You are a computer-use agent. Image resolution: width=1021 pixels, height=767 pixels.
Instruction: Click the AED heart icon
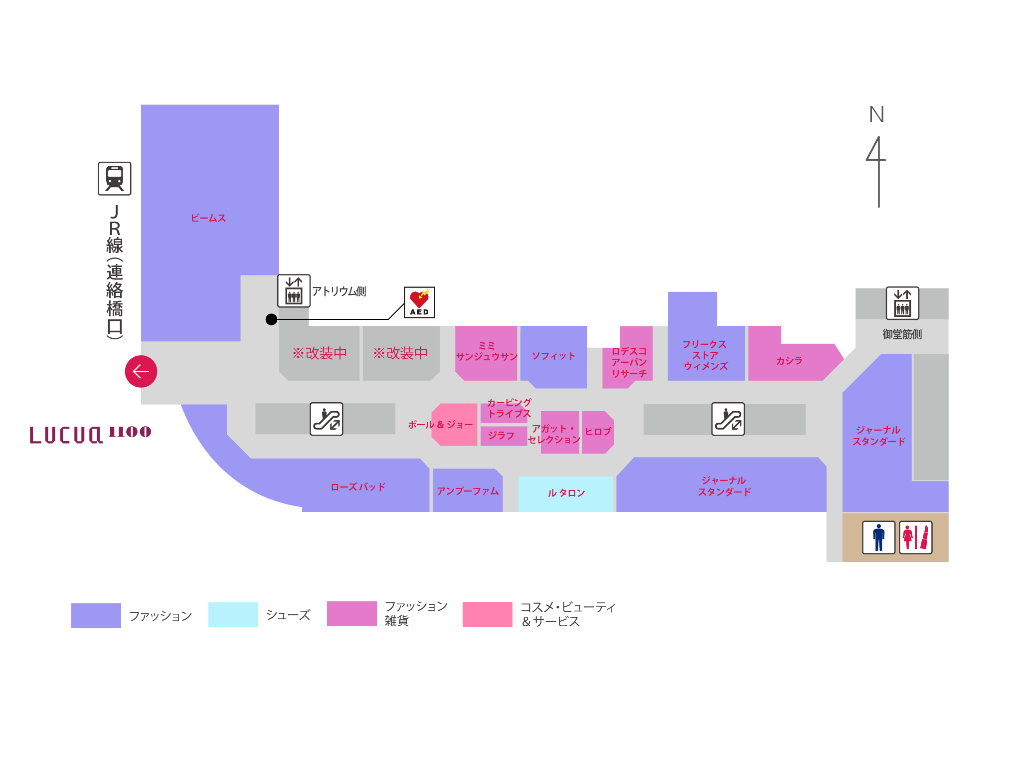point(419,302)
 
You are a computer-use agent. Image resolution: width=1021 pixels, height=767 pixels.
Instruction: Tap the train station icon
point(115,178)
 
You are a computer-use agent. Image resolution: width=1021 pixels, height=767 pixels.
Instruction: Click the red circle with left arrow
point(141,371)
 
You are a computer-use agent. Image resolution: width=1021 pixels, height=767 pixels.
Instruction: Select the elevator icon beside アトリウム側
point(294,291)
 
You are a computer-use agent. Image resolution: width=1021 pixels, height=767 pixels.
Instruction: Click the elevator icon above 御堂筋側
point(902,303)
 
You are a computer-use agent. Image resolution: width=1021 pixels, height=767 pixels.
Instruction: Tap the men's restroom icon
point(878,537)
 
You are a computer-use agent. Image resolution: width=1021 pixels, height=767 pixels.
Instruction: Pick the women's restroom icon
point(915,537)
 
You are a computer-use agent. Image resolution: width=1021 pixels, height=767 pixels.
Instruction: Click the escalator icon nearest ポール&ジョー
point(327,419)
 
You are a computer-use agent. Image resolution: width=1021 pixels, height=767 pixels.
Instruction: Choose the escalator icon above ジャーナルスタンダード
point(728,419)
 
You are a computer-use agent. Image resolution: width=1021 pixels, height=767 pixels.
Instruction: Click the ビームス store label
point(208,218)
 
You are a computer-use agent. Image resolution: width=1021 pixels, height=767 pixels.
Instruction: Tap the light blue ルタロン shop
point(566,493)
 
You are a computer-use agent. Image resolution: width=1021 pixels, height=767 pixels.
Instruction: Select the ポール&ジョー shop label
point(440,425)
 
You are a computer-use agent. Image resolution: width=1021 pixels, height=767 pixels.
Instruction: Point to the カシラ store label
point(789,361)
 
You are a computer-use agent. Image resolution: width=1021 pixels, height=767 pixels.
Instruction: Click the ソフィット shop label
point(553,356)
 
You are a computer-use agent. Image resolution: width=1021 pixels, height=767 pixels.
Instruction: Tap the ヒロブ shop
point(598,432)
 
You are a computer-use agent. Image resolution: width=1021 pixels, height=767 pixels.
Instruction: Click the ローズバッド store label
point(358,487)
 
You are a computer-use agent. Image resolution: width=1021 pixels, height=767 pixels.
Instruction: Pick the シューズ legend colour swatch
point(233,615)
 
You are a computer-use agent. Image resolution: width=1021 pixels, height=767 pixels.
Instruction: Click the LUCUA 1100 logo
point(90,435)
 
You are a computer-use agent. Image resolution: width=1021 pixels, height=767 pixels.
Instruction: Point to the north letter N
point(876,115)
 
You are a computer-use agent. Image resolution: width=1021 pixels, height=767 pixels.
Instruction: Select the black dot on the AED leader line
point(271,319)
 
